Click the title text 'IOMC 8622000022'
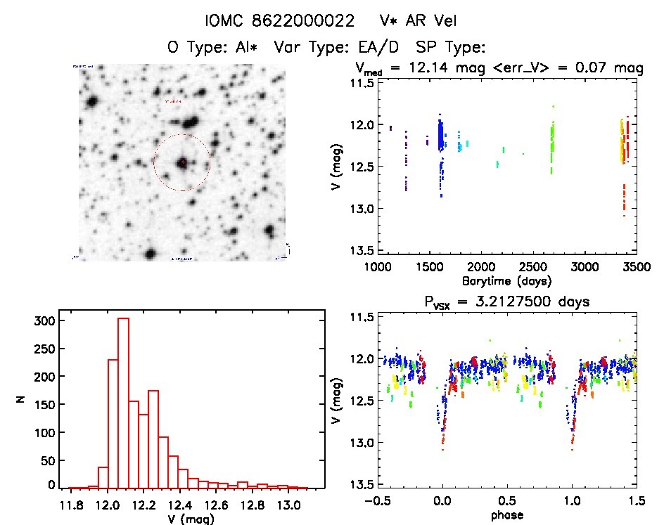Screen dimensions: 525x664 [x=279, y=20]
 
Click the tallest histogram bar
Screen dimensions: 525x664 [x=124, y=403]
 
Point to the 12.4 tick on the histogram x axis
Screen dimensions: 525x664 [x=180, y=505]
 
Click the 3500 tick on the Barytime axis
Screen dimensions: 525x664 [x=637, y=267]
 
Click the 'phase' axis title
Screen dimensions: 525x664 [x=507, y=514]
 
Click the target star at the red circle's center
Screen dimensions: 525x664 [x=182, y=162]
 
